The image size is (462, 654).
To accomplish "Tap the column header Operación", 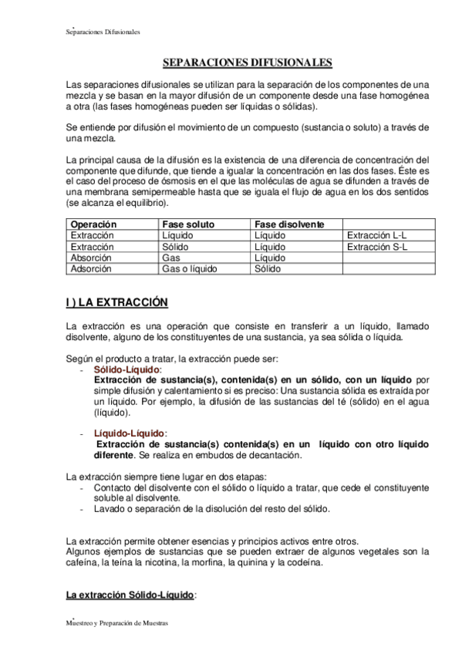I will tap(93, 224).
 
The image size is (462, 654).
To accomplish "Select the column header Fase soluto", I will tap(189, 224).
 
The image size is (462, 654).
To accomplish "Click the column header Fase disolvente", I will tap(289, 224).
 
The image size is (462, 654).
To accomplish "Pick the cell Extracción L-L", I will tap(377, 235).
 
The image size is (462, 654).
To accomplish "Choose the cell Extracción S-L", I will tap(377, 247).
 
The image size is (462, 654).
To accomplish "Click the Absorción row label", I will tap(91, 258).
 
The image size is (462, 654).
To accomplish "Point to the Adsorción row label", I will tap(91, 269).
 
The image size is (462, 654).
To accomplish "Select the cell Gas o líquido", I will tap(190, 269).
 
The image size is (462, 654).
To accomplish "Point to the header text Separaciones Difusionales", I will tap(102, 32).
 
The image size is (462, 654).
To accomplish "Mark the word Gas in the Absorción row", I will tap(171, 258).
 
